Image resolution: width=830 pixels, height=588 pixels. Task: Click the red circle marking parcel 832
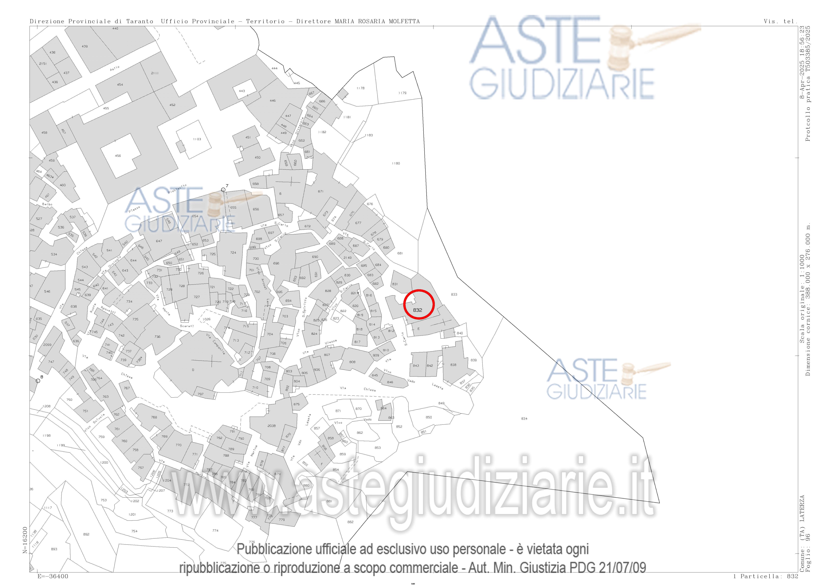(x=419, y=304)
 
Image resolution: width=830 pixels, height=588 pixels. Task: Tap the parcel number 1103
(x=197, y=139)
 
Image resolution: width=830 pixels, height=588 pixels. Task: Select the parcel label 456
(x=118, y=156)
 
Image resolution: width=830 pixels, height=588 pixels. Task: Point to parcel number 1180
(x=396, y=163)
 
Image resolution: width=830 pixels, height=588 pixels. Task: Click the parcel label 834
(x=524, y=418)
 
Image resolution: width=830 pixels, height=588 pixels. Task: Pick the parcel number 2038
(x=271, y=426)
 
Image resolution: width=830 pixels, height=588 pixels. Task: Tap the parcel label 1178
(x=360, y=88)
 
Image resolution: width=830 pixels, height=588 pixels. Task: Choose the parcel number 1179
(x=402, y=93)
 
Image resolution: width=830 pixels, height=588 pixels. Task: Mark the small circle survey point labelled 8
(x=38, y=381)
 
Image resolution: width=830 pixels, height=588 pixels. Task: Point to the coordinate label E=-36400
(x=52, y=576)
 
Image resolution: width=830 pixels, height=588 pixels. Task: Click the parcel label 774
(x=215, y=530)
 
